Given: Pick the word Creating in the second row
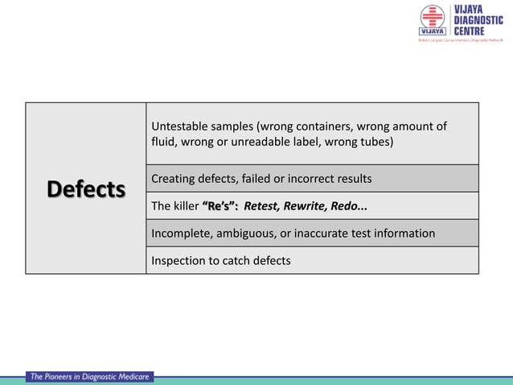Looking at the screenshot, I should tap(174, 178).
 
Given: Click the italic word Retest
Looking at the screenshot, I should tap(263, 206).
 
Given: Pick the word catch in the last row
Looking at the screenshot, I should tap(236, 261).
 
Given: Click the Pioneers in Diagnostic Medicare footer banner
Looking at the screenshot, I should tap(89, 376).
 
